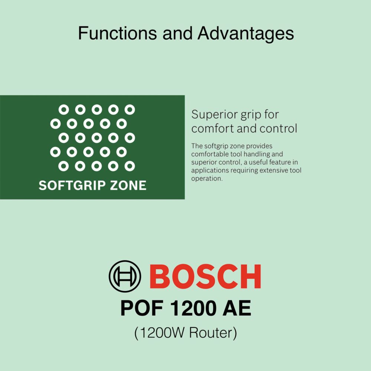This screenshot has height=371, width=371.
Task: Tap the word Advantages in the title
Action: point(246,33)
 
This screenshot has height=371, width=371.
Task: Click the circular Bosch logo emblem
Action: point(125,276)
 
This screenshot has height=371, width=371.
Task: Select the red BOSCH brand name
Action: point(207,277)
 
